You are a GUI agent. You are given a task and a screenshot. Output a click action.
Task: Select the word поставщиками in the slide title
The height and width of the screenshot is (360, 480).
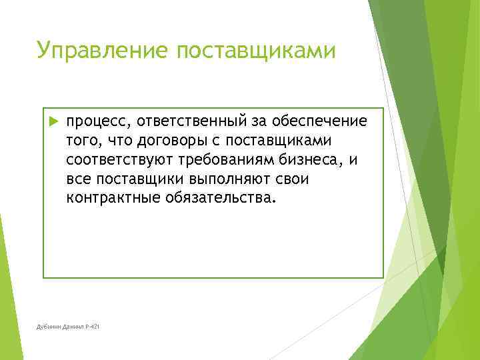coord(253,50)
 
